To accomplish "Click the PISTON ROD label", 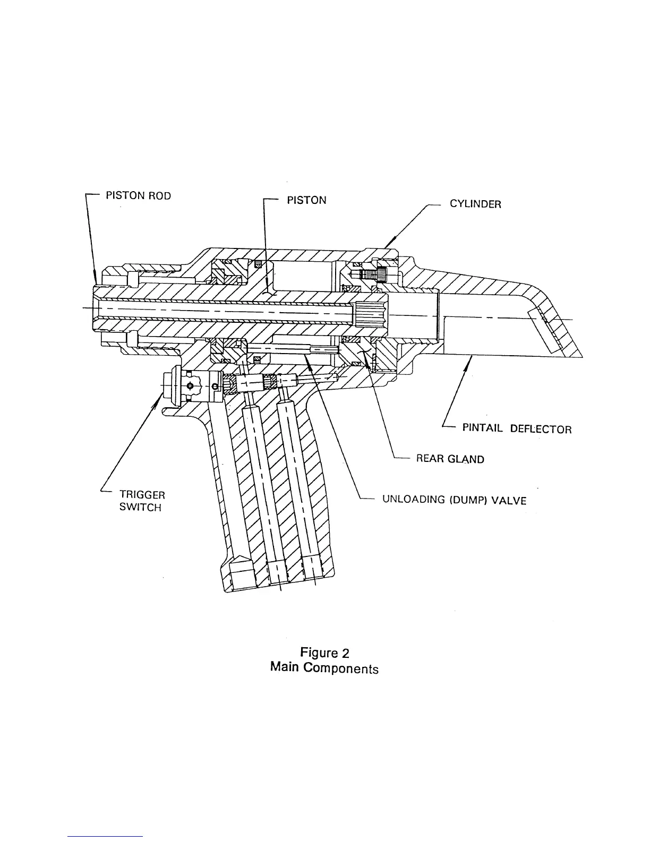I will [138, 195].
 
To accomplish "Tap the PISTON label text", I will [306, 200].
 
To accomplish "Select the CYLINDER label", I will [475, 204].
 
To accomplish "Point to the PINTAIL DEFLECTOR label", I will [517, 428].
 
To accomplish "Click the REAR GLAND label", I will [450, 459].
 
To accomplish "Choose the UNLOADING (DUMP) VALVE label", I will [454, 500].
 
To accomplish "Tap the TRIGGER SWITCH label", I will [142, 501].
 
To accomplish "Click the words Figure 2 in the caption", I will [324, 653].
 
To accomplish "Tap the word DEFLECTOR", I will [541, 429].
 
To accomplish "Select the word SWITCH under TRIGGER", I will [140, 507].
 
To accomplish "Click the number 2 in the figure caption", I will [345, 653].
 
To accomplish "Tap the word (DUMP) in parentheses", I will [467, 500].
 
